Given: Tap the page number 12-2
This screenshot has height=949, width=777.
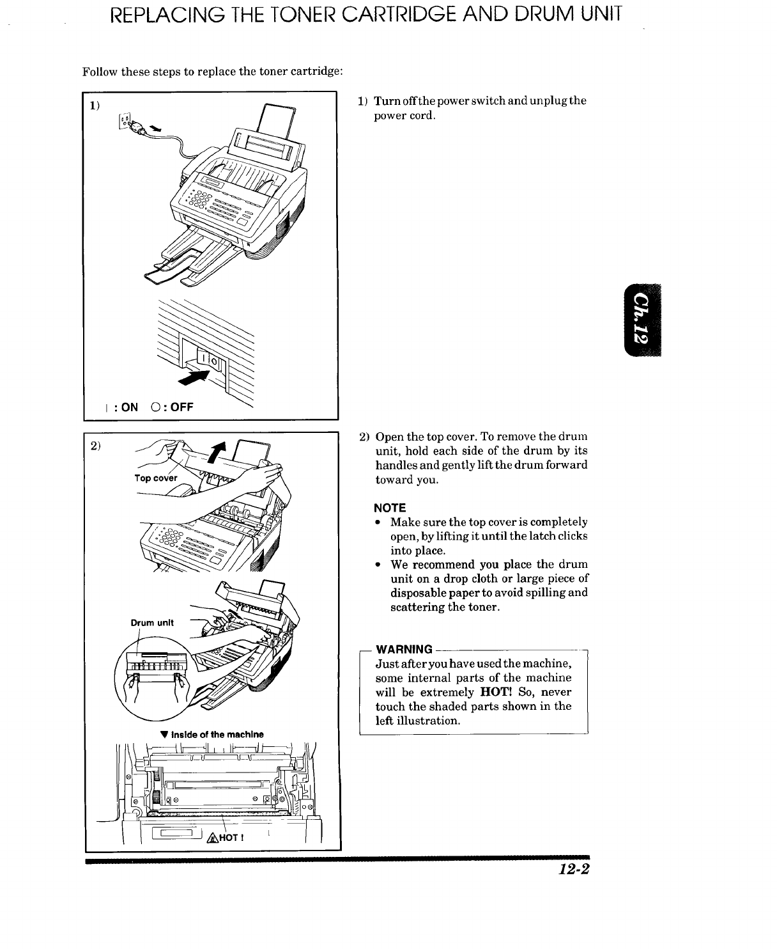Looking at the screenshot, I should pos(572,869).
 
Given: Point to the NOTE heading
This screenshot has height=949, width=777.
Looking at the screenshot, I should pos(390,508).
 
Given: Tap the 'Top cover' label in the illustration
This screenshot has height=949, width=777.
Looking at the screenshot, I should pos(155,478).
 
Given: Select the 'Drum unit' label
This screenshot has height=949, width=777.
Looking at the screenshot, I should pos(152,622).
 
